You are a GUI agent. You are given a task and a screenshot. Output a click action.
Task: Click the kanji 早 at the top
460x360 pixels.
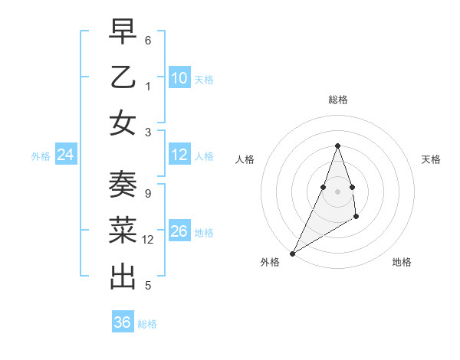point(123,32)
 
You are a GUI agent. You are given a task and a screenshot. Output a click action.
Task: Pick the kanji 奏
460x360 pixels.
point(123,185)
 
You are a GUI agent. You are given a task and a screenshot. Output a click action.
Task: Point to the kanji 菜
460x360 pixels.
point(123,231)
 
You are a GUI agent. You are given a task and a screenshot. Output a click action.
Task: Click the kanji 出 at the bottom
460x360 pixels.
point(123,276)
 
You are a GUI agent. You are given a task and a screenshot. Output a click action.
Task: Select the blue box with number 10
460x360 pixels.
point(179,78)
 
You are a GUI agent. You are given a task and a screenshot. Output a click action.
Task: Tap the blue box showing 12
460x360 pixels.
point(179,155)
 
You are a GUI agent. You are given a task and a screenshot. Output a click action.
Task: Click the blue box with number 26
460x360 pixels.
point(179,231)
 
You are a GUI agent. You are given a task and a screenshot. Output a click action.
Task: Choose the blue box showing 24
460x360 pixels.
point(66,155)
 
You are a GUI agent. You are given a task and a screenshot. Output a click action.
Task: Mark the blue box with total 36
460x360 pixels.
point(123,322)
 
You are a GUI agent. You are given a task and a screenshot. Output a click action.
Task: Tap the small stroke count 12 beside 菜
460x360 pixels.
point(149,240)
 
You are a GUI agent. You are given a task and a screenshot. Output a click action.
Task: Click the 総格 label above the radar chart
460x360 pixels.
point(337,100)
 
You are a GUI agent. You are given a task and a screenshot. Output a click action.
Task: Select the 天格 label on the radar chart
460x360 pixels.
point(431,159)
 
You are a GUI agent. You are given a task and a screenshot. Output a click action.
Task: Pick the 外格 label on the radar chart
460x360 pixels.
point(270,262)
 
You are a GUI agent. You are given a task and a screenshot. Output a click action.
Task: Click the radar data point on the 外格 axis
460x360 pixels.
point(292,253)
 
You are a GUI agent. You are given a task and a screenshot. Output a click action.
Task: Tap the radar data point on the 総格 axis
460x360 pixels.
point(337,146)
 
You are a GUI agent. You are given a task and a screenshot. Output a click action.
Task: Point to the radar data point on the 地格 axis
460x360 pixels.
point(356,218)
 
